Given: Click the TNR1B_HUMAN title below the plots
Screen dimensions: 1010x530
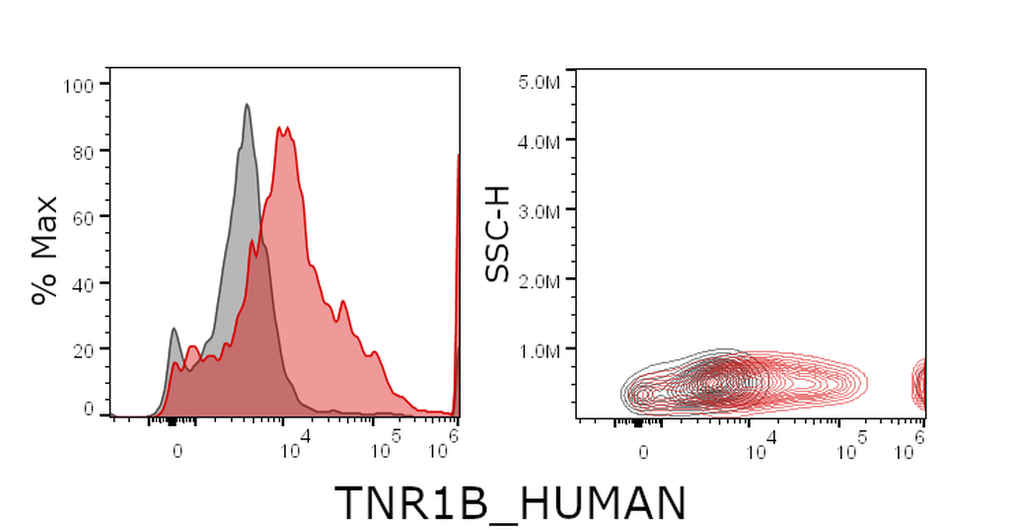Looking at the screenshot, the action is point(510,503).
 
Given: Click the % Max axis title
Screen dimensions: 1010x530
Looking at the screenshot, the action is point(45,250).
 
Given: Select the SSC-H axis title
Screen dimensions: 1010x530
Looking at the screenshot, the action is point(497,234).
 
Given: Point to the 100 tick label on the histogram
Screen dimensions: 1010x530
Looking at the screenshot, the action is point(78,85).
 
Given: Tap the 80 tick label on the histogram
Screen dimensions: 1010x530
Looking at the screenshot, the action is point(83,152).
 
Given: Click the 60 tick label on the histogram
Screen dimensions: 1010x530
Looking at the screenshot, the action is point(83,217).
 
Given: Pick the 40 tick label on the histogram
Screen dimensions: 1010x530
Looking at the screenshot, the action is point(83,283).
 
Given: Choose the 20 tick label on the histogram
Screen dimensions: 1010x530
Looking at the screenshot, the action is point(83,349).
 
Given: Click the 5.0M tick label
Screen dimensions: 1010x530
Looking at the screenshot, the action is point(539,82).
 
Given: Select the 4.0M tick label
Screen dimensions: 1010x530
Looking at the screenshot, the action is point(539,140).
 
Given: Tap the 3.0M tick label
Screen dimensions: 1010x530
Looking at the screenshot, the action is point(539,211).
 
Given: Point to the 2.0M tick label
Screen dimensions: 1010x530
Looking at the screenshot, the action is point(539,281).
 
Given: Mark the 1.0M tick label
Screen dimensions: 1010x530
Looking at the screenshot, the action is point(539,350).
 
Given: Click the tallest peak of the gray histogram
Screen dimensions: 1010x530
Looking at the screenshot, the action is point(247,105).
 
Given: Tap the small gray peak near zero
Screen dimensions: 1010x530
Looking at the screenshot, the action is point(174,330).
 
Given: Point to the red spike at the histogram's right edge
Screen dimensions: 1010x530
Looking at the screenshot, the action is point(458,283).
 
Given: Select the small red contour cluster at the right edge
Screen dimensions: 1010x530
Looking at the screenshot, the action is point(920,384).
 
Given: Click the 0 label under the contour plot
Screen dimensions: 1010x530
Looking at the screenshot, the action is point(643,453).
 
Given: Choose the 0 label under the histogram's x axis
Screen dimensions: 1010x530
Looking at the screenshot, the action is point(178,451).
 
